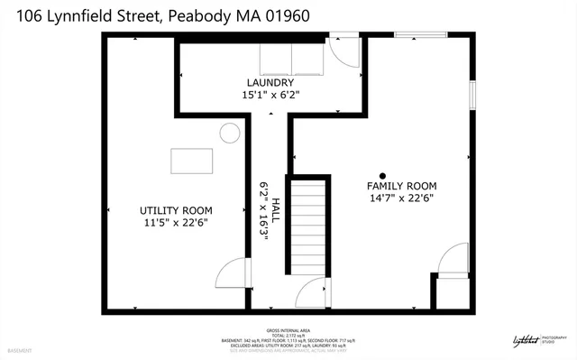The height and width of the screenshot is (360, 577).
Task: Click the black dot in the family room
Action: point(382,176)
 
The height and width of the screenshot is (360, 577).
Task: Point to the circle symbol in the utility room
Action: point(230,134)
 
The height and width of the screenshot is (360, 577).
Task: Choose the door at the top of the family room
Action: point(343,51)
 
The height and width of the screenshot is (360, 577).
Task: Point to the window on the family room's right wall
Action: point(471,95)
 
